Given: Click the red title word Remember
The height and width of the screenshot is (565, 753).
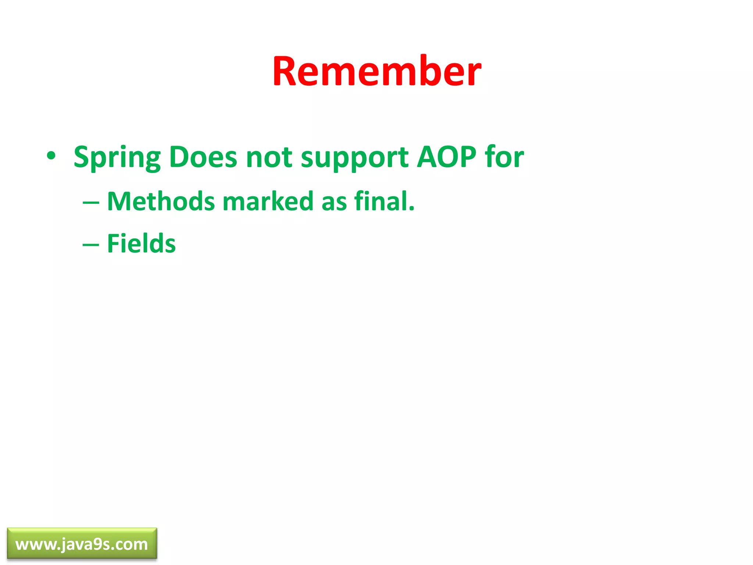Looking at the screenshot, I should point(376,72).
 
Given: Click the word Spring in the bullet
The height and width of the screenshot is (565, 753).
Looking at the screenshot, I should point(117,157).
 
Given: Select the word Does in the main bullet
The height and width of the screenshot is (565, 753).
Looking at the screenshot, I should point(203,157).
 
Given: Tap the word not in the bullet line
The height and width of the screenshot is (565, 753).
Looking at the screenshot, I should point(269,157).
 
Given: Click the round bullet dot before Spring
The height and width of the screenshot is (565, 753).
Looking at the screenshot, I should point(51,156).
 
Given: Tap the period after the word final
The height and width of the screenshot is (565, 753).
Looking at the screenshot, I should point(411,210).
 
